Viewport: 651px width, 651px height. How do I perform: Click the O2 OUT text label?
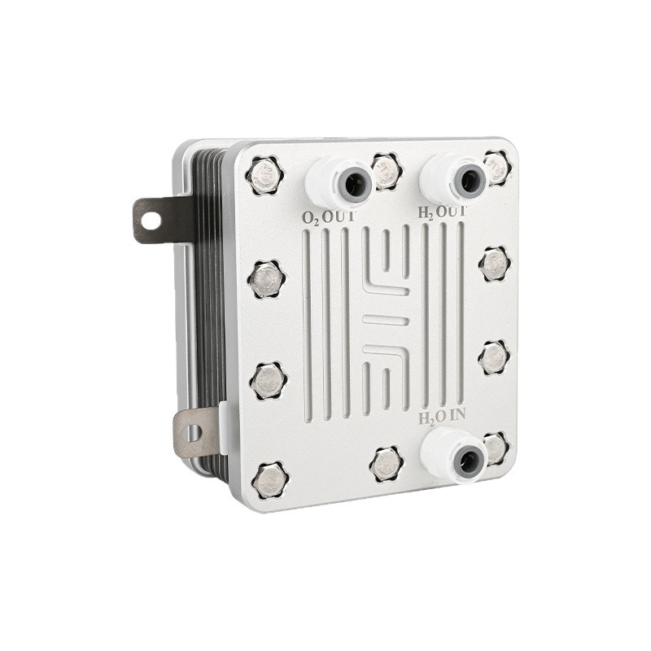click(330, 218)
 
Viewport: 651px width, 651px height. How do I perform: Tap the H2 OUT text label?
click(442, 212)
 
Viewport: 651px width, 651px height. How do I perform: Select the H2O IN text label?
click(442, 417)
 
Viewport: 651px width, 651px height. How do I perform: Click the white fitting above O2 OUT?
click(339, 181)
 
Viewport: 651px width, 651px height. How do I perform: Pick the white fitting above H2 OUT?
click(454, 178)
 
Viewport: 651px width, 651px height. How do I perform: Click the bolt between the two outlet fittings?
click(386, 171)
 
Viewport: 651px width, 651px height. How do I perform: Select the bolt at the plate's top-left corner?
click(264, 176)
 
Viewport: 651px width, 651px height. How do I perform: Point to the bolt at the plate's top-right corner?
click(495, 168)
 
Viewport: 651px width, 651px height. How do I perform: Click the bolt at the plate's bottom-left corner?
click(269, 480)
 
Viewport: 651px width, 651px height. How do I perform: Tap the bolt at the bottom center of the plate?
click(386, 464)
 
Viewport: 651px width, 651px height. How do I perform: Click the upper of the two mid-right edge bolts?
click(493, 264)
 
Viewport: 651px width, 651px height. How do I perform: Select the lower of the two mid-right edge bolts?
click(493, 357)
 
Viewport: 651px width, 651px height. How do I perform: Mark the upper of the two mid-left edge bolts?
click(266, 279)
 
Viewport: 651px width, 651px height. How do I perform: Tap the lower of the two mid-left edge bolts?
click(268, 380)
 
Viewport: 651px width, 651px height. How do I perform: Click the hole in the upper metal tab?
click(151, 220)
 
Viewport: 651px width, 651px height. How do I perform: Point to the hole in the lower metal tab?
click(192, 432)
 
